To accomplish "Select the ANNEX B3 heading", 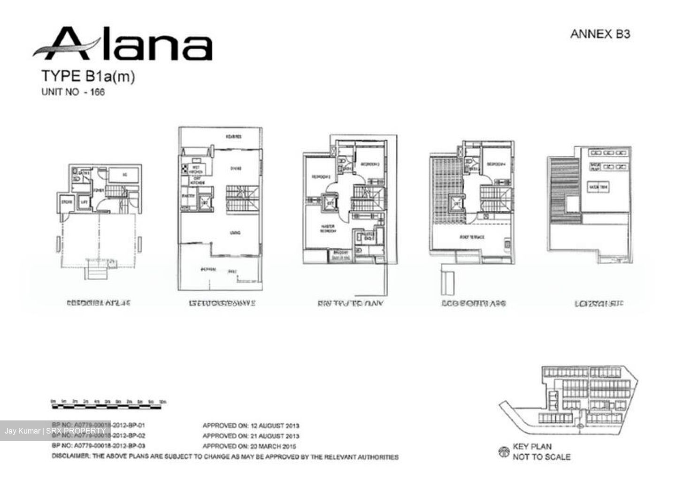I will tap(599, 34).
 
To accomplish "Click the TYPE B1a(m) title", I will tap(88, 76).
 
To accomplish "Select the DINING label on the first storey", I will tap(236, 168).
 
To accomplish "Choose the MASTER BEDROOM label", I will tap(328, 229).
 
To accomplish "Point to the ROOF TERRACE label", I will tap(472, 237).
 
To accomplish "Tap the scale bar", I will tap(108, 403).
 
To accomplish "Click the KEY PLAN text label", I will tap(531, 446).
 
